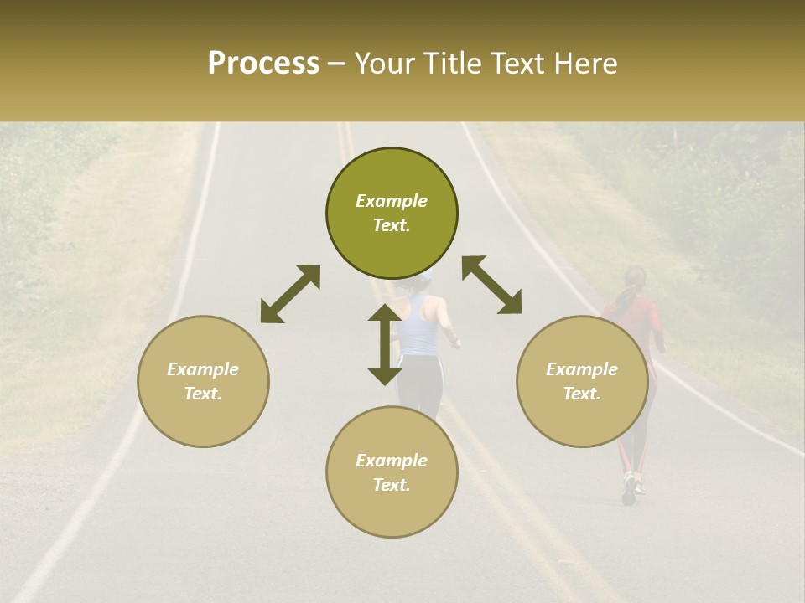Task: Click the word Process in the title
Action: tap(263, 64)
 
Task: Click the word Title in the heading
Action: tap(449, 64)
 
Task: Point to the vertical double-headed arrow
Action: tap(384, 344)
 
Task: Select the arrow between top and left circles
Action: tap(290, 294)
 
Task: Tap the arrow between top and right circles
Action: tap(491, 285)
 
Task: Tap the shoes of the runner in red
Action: tap(630, 489)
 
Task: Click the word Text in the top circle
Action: tap(391, 225)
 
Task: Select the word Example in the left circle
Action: tap(203, 369)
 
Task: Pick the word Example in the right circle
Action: tap(582, 369)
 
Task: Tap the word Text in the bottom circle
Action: tap(391, 485)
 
